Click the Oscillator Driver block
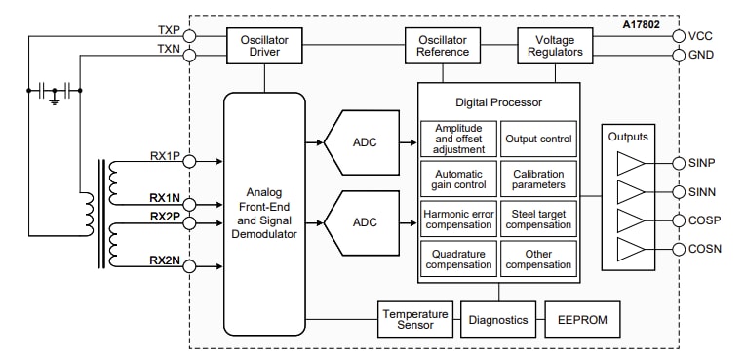tap(265, 45)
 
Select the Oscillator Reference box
tap(443, 45)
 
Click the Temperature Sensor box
tap(414, 320)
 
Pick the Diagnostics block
tap(497, 320)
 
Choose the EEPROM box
tap(581, 320)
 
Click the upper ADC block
tap(364, 142)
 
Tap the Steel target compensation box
tap(538, 218)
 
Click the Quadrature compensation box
tap(458, 258)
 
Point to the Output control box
tap(538, 139)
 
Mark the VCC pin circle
tap(679, 36)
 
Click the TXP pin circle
tap(189, 36)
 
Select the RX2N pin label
tap(164, 260)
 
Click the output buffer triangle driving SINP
tap(631, 163)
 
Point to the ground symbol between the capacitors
tap(56, 100)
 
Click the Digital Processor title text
tap(498, 101)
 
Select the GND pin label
tap(701, 55)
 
